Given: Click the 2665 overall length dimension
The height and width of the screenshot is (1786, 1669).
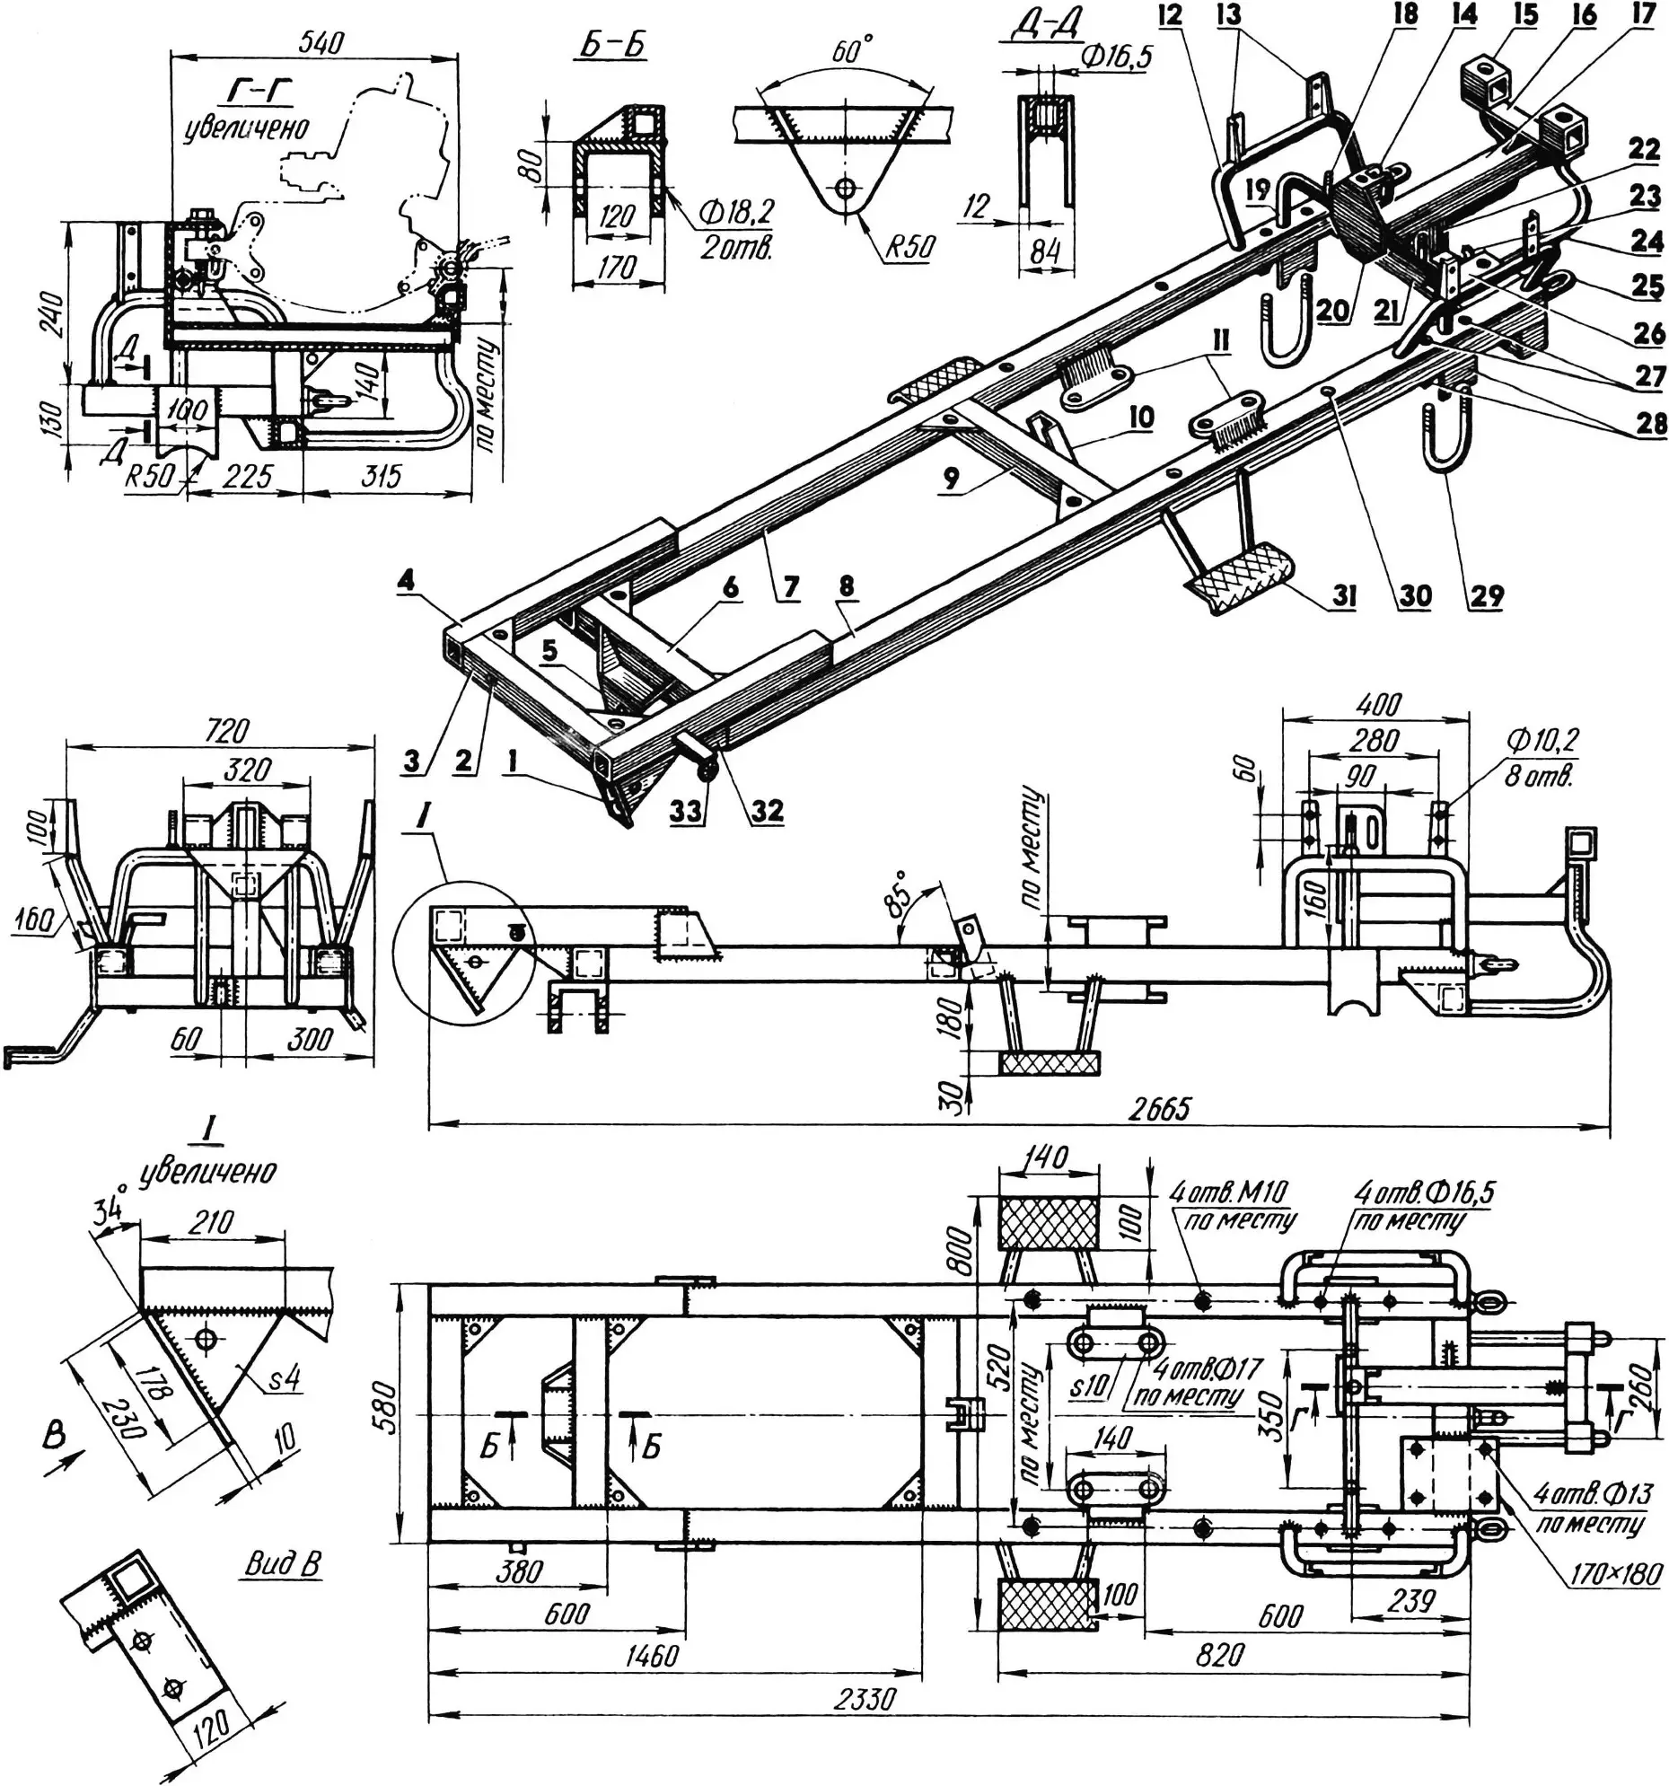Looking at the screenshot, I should [1160, 1109].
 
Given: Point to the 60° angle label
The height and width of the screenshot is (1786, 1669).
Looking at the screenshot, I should [852, 51].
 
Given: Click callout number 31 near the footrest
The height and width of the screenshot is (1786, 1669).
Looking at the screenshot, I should [1344, 595].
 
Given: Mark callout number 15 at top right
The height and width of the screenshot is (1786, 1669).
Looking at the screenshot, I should [1525, 15].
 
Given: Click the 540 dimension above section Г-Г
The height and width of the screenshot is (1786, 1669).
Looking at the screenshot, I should [321, 42].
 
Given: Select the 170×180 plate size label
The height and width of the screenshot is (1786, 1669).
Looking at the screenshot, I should [1614, 1572].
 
